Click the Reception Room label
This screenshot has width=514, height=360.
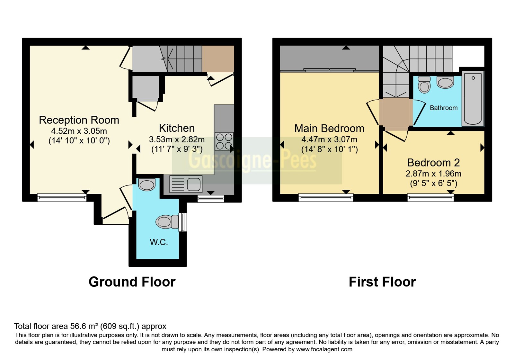pyautogui.click(x=79, y=120)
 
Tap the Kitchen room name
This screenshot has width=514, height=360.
pyautogui.click(x=177, y=128)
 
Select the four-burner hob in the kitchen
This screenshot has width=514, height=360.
pyautogui.click(x=224, y=141)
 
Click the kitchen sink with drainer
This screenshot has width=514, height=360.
pyautogui.click(x=186, y=184)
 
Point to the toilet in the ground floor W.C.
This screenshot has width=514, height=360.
pyautogui.click(x=167, y=222)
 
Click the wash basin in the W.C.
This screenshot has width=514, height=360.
pyautogui.click(x=147, y=184)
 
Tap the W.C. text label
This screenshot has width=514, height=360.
pyautogui.click(x=159, y=242)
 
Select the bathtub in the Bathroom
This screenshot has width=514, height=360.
pyautogui.click(x=473, y=99)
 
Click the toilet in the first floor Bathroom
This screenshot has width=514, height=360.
pyautogui.click(x=424, y=85)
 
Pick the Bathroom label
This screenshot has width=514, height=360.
pyautogui.click(x=444, y=108)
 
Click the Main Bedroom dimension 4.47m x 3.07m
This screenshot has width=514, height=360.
pyautogui.click(x=329, y=139)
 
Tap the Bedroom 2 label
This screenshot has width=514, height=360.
pyautogui.click(x=433, y=163)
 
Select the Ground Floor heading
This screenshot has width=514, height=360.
pyautogui.click(x=132, y=282)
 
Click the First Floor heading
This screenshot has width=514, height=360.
pyautogui.click(x=382, y=282)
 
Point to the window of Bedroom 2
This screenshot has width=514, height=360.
pyautogui.click(x=430, y=198)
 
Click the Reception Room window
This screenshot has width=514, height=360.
pyautogui.click(x=62, y=198)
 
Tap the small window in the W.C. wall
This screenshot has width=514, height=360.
pyautogui.click(x=183, y=222)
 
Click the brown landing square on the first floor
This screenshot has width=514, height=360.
pyautogui.click(x=396, y=112)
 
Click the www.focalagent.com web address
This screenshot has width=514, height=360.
pyautogui.click(x=324, y=349)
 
